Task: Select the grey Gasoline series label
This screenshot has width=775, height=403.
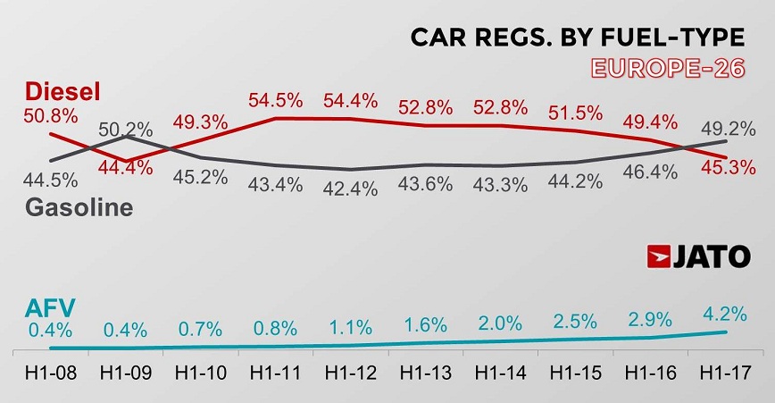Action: point(79,207)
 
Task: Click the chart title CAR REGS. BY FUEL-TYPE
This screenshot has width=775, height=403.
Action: point(577,38)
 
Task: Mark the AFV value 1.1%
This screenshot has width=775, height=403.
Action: point(350,325)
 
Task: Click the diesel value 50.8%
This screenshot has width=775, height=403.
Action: point(51,116)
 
